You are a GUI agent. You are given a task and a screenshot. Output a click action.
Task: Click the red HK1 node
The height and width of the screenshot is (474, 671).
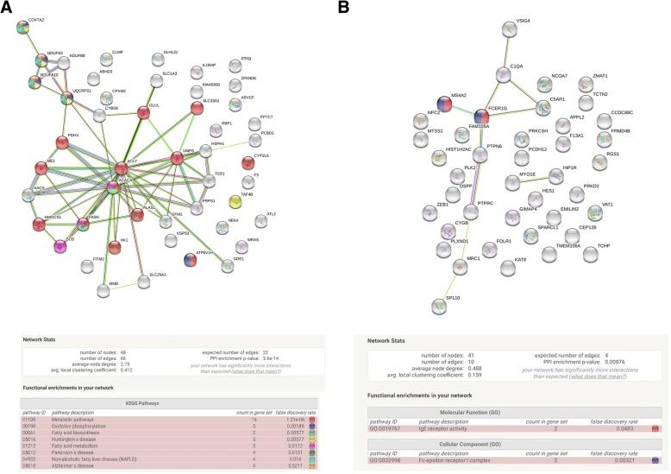[114, 249]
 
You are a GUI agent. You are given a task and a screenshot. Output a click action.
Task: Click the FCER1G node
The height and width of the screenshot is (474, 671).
[480, 116]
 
